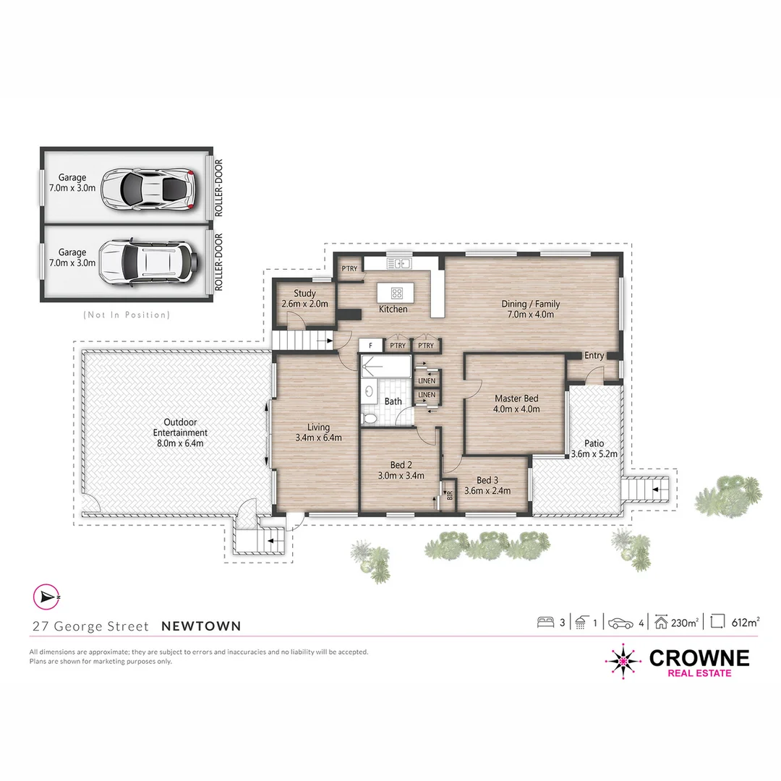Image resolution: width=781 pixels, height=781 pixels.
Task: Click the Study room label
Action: click(x=304, y=294)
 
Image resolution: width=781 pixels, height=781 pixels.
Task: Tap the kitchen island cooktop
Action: click(x=397, y=293)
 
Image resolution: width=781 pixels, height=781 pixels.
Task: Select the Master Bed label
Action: click(x=516, y=398)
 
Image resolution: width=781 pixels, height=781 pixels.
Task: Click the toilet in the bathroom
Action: click(x=370, y=417)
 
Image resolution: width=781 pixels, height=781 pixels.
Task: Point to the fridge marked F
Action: click(x=370, y=346)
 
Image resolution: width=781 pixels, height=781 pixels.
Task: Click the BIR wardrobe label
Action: click(x=449, y=496)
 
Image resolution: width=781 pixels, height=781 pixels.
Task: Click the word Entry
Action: click(x=594, y=356)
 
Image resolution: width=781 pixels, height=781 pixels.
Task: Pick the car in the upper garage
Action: click(x=148, y=189)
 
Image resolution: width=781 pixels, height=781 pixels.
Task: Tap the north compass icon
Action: click(x=46, y=597)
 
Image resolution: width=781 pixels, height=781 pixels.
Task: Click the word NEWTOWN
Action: click(x=201, y=626)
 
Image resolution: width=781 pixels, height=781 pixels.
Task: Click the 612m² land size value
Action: click(x=745, y=622)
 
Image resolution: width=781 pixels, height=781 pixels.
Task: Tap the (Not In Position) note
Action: click(x=127, y=315)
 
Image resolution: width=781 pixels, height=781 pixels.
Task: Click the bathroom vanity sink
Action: click(x=370, y=393)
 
